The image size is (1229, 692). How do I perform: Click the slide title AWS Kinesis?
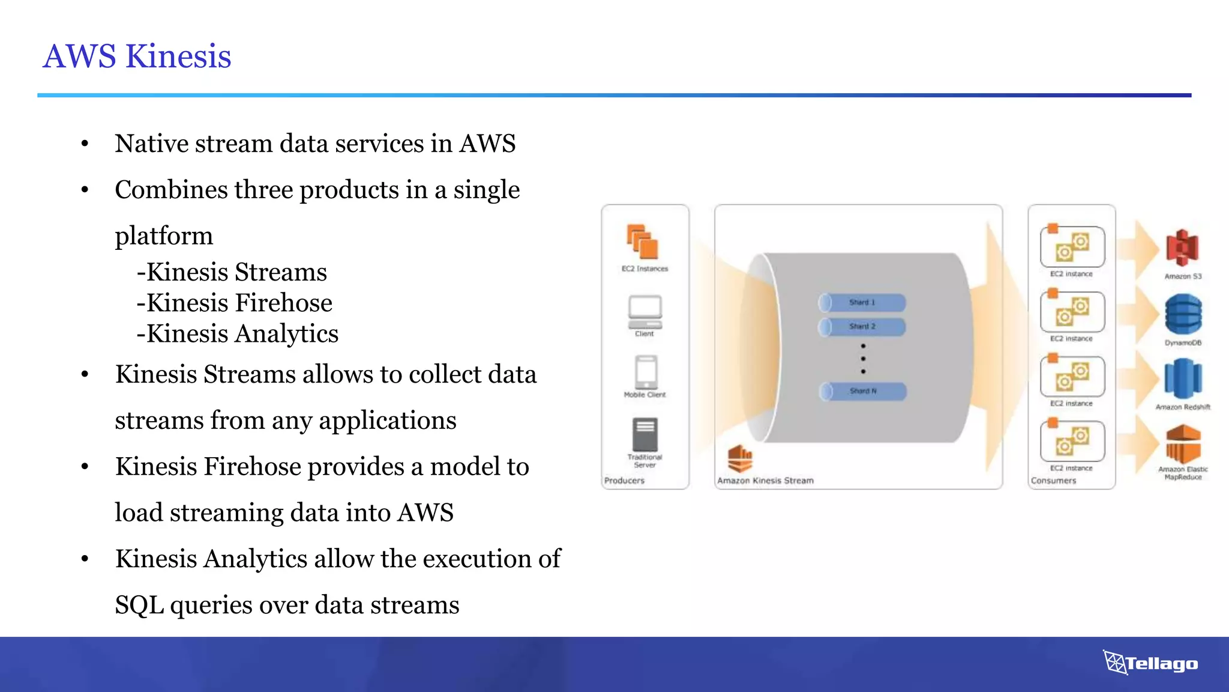click(137, 56)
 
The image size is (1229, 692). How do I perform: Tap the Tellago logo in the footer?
click(1150, 663)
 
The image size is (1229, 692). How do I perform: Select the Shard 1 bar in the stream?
click(862, 302)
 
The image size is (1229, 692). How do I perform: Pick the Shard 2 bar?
click(862, 326)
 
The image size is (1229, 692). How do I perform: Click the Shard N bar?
click(863, 391)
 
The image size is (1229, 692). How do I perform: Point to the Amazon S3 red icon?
click(1182, 247)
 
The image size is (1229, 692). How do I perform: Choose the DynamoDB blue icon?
click(1183, 314)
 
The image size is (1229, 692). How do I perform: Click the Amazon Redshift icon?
click(1183, 378)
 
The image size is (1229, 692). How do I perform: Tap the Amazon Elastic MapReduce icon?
click(1183, 445)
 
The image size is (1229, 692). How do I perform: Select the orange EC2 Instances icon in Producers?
click(643, 241)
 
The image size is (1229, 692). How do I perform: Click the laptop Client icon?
click(645, 311)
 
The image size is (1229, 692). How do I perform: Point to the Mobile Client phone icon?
click(646, 372)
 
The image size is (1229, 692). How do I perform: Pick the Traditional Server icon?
click(645, 434)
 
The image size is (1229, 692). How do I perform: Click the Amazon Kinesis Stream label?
click(765, 481)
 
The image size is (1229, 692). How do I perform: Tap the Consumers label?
click(1053, 481)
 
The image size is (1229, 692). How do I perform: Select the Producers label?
click(624, 481)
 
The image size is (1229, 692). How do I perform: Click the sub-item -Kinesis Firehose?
click(234, 303)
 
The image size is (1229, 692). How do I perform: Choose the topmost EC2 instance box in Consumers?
click(1072, 247)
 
